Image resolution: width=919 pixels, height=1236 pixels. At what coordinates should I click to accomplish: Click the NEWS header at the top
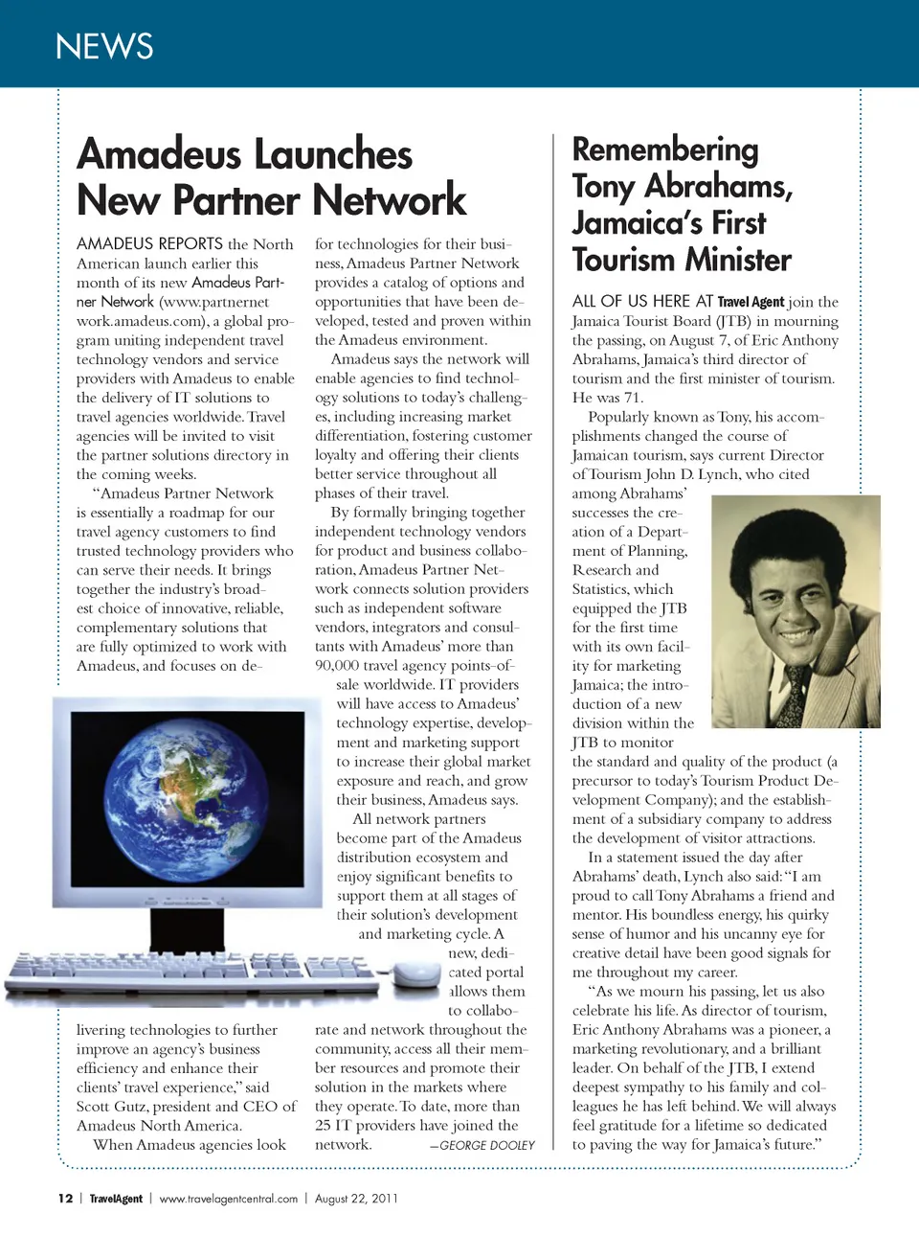[104, 46]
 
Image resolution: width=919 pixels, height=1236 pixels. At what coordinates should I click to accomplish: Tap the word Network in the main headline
[390, 200]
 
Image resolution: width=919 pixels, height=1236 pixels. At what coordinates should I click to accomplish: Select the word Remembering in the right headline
[665, 149]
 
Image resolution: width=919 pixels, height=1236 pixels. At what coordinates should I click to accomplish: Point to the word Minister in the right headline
[730, 260]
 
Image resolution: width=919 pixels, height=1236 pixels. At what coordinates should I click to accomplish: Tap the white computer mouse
[417, 973]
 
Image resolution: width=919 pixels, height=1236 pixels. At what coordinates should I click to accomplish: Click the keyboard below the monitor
[191, 973]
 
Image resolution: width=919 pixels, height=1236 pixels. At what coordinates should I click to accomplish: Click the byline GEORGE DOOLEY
[487, 1145]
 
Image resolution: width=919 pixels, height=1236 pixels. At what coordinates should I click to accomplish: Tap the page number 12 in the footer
[65, 1199]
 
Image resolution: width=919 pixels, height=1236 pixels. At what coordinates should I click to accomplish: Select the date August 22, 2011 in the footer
[356, 1199]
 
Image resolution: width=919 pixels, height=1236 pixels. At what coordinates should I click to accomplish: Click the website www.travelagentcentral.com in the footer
[228, 1199]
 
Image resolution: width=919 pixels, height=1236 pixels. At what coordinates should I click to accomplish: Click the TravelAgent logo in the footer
[116, 1199]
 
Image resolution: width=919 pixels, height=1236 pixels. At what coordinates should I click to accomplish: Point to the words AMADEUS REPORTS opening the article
[149, 244]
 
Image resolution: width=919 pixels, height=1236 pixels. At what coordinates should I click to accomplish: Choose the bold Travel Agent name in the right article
[751, 302]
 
